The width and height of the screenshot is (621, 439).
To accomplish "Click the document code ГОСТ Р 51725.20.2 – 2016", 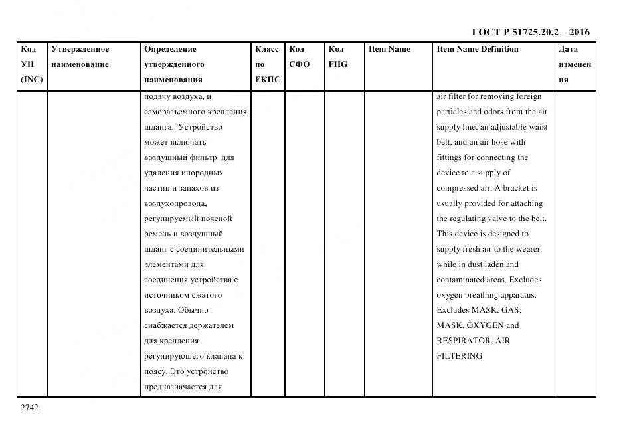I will (x=530, y=32).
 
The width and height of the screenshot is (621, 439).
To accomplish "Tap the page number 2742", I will (x=30, y=408).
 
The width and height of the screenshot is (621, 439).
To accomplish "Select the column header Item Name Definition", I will (x=477, y=49).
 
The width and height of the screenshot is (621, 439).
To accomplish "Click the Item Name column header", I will (x=389, y=49).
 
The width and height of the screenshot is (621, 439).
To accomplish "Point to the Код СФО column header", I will (x=299, y=56).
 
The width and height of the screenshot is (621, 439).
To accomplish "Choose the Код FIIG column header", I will (x=337, y=56).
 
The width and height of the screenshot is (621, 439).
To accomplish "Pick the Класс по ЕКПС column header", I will (x=268, y=64).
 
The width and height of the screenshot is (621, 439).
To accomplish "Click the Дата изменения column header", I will (x=574, y=64).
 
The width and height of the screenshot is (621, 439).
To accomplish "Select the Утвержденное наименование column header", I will (x=80, y=56).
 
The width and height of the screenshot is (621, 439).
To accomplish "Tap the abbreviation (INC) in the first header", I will (x=32, y=80).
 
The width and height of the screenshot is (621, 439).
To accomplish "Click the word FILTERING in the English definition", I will (x=459, y=356).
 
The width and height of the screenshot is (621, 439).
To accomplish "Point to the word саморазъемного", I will (x=175, y=112).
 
